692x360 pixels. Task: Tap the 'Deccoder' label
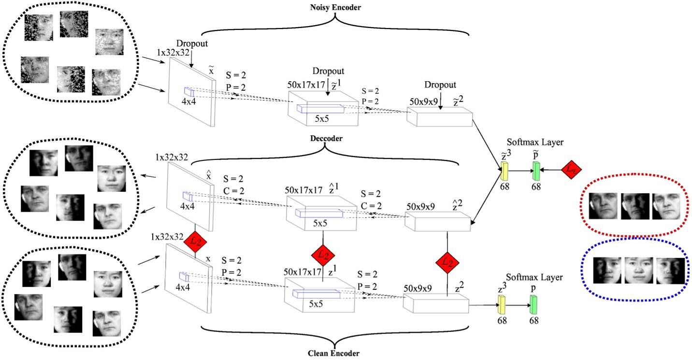click(x=327, y=138)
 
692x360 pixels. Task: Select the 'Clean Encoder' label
click(x=333, y=353)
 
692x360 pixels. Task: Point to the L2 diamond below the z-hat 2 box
click(x=447, y=262)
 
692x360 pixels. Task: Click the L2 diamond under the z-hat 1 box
click(x=323, y=255)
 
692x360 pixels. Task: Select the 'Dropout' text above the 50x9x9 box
click(x=440, y=85)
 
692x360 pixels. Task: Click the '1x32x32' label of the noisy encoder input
click(x=174, y=52)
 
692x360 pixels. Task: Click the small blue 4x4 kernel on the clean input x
click(x=184, y=276)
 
